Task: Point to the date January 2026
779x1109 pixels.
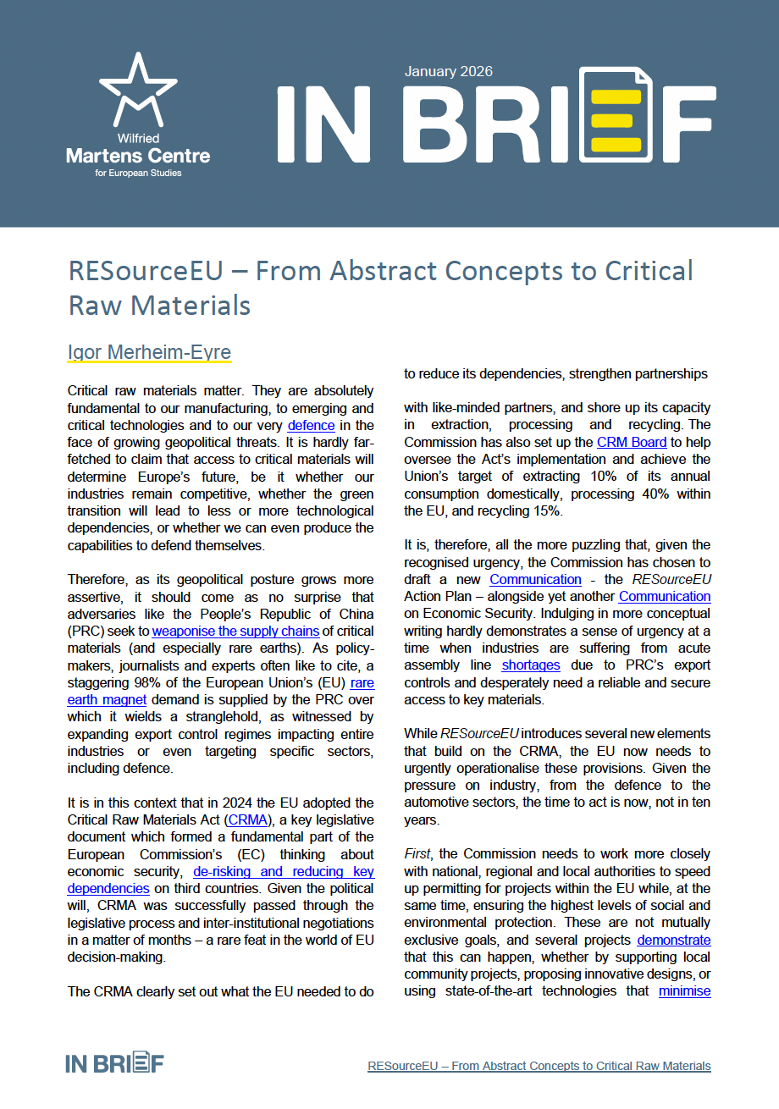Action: coord(448,72)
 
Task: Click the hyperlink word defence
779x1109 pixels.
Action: coord(311,425)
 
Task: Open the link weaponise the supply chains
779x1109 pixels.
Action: coord(235,632)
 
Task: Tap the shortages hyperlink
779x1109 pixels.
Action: coord(531,665)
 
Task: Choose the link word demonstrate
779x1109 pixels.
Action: coord(673,940)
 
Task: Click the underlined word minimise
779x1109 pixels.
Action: coord(684,990)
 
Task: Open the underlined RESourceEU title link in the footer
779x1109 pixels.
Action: coord(539,1066)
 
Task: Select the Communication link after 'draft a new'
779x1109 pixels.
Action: coord(535,579)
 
